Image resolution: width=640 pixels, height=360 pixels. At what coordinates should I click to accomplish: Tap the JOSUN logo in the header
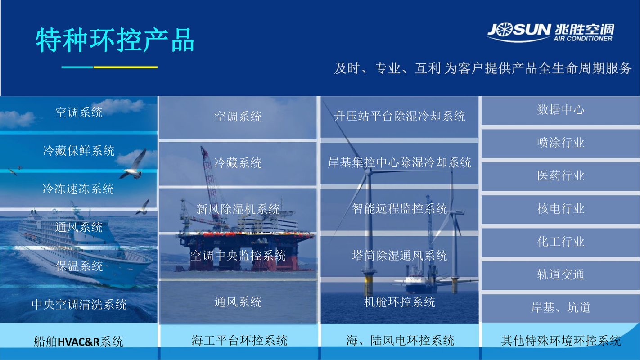[x=551, y=32]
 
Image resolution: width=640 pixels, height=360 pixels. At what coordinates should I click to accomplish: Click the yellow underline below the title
[x=126, y=67]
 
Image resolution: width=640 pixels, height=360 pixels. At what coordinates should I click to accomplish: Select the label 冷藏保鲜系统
[x=79, y=151]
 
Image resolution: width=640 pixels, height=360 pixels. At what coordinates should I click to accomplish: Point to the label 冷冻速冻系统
[x=78, y=189]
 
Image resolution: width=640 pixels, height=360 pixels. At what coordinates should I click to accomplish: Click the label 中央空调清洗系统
[x=79, y=304]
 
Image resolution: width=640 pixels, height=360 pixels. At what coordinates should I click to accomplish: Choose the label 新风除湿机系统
[x=238, y=209]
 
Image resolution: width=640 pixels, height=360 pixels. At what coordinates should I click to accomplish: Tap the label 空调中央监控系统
[x=238, y=256]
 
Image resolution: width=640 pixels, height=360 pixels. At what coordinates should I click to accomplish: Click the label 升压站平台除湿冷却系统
[x=399, y=116]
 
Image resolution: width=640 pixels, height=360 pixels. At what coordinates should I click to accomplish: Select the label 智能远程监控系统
[x=399, y=208]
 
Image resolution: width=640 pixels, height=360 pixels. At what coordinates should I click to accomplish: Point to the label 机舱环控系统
[x=399, y=302]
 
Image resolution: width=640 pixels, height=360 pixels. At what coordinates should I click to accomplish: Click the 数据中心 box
[x=561, y=111]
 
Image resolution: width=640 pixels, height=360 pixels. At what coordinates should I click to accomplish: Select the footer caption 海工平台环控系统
[x=239, y=341]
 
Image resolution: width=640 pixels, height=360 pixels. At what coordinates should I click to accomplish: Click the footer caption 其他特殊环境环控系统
[x=561, y=341]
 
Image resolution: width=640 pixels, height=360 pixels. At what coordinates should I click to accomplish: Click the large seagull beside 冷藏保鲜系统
[x=134, y=165]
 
